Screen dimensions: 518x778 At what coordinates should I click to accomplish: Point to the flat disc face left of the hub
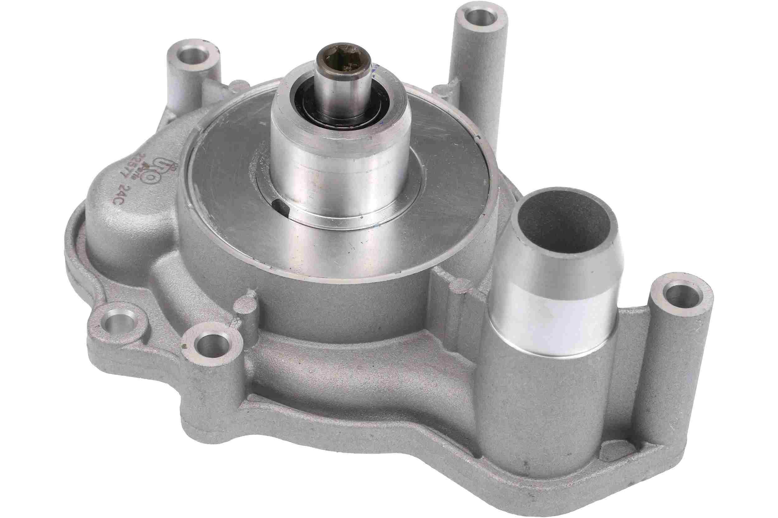pyautogui.click(x=225, y=185)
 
